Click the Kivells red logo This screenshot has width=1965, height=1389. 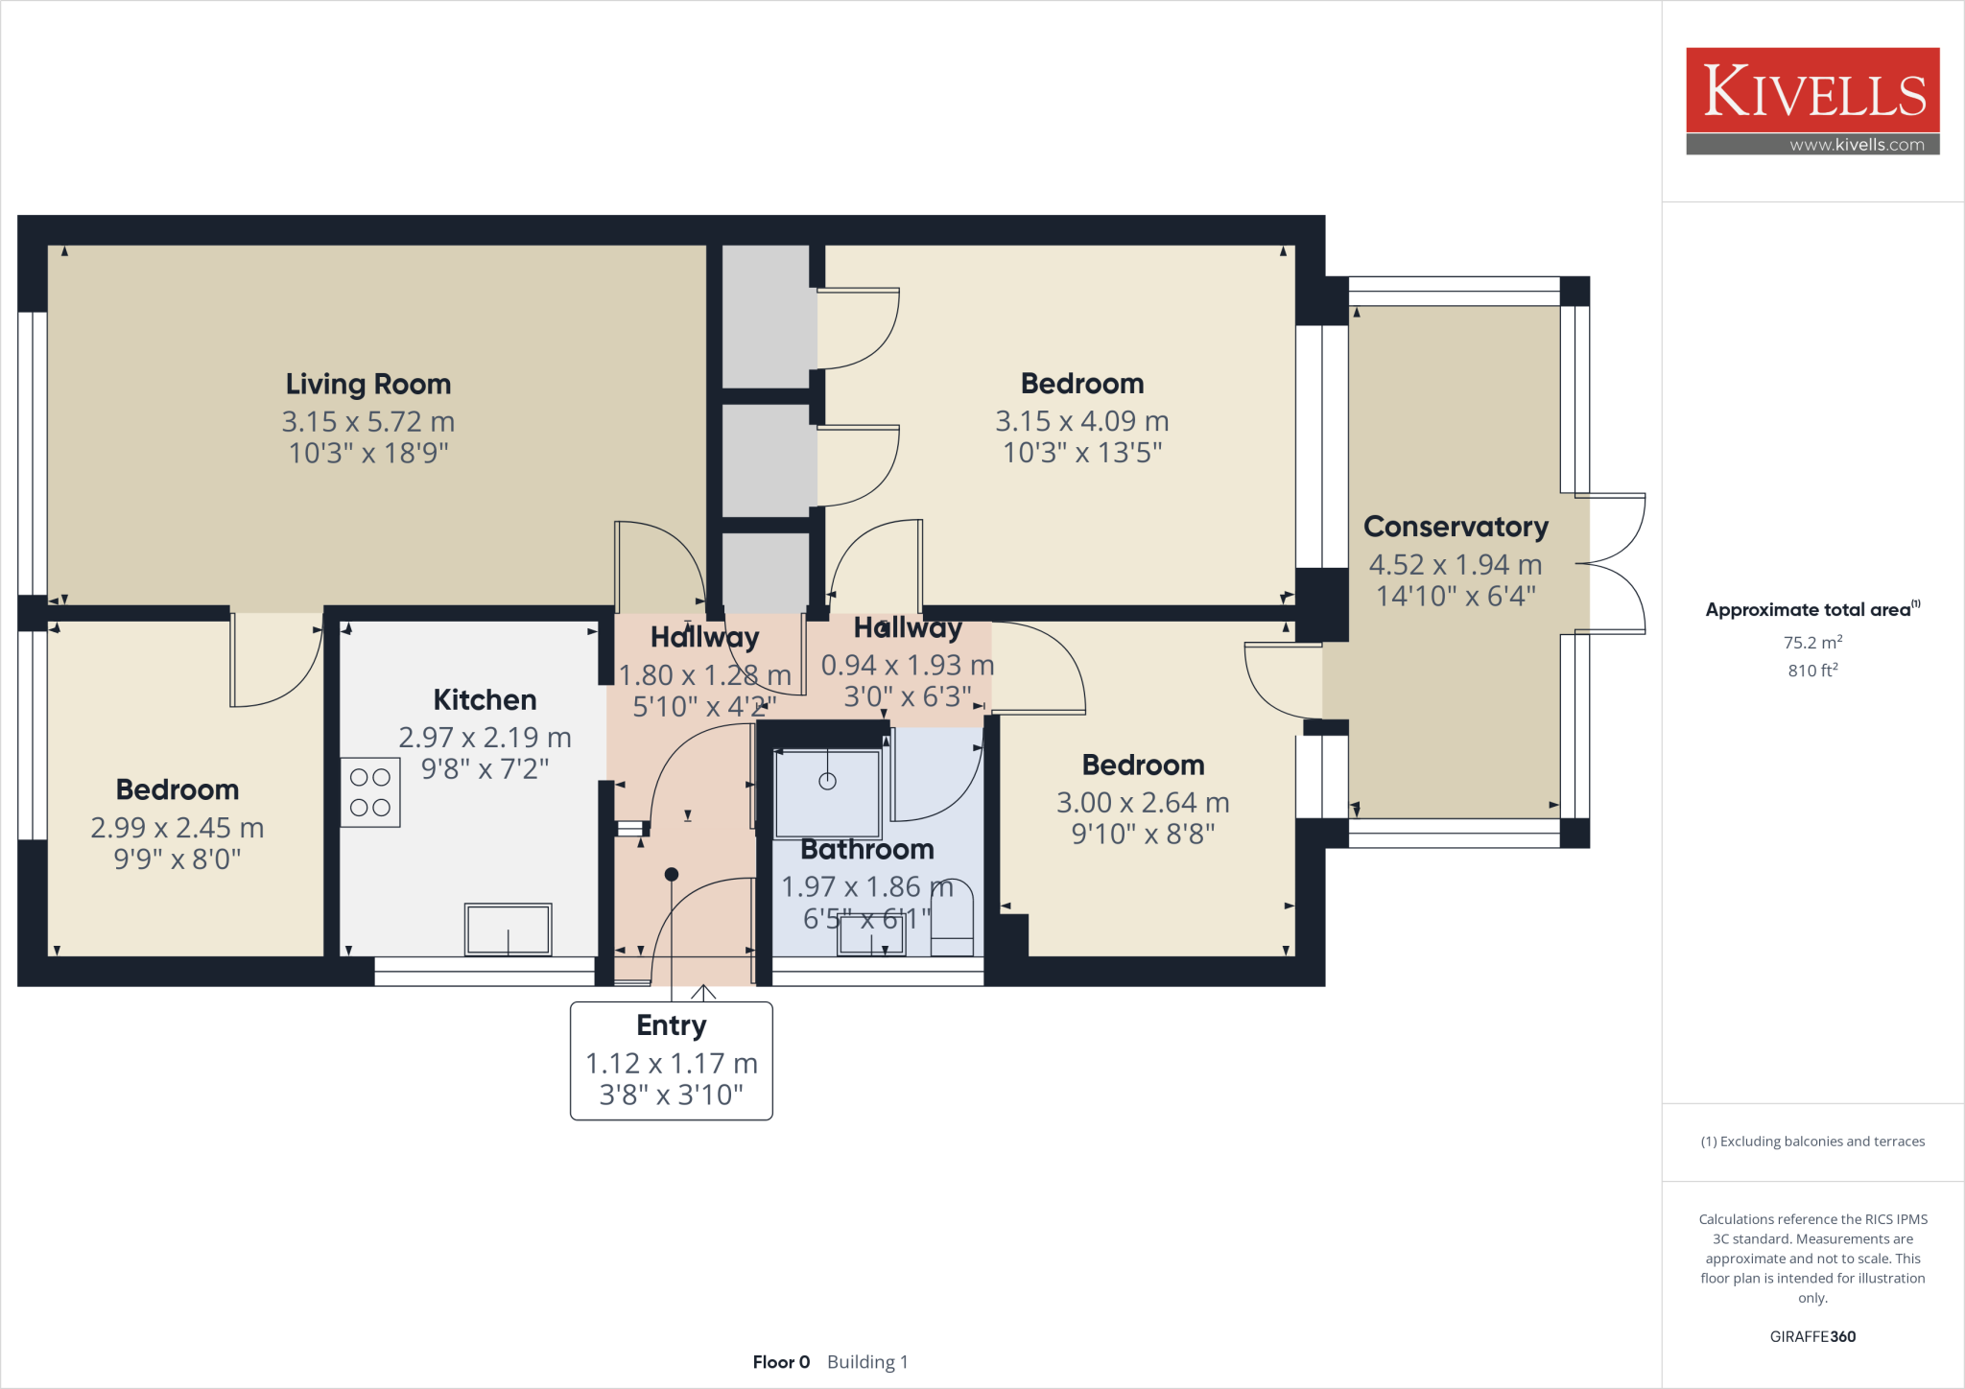(x=1812, y=90)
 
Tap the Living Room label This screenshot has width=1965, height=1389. (x=368, y=385)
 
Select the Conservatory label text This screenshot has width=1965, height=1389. (x=1456, y=527)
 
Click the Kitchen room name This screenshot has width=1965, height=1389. (x=485, y=699)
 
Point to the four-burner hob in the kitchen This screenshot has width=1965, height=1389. (x=370, y=792)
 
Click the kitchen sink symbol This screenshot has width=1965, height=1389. (x=508, y=929)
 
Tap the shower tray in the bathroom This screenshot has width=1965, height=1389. (x=827, y=793)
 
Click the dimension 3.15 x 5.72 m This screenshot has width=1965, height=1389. (x=368, y=421)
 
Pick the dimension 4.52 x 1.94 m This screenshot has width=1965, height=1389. (x=1456, y=565)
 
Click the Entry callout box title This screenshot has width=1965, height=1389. (x=671, y=1025)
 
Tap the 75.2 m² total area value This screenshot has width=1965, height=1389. (x=1812, y=643)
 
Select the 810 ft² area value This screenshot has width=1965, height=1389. (x=1812, y=671)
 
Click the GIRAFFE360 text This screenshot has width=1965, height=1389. (x=1812, y=1336)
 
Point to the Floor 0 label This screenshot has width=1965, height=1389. (x=781, y=1362)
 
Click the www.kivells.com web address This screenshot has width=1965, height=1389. (x=1857, y=145)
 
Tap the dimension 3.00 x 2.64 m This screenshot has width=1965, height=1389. (x=1143, y=803)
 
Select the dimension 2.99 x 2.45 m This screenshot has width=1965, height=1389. (x=178, y=828)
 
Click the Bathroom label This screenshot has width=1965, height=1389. (x=867, y=850)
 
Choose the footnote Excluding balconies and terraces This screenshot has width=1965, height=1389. (x=1812, y=1142)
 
